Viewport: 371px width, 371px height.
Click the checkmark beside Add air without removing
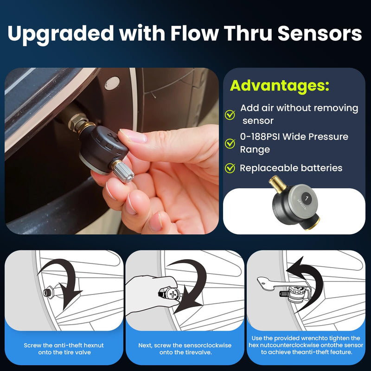(x=230, y=115)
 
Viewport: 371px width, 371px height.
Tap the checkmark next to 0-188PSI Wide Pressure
(x=230, y=143)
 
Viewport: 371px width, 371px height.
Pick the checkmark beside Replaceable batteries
(x=230, y=168)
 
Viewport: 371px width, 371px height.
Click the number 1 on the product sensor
(x=307, y=198)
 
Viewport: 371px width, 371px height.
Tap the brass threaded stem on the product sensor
(x=277, y=184)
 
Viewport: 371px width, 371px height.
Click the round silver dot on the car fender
(x=111, y=83)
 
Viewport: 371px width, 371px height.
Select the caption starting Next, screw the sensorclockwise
(x=185, y=349)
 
